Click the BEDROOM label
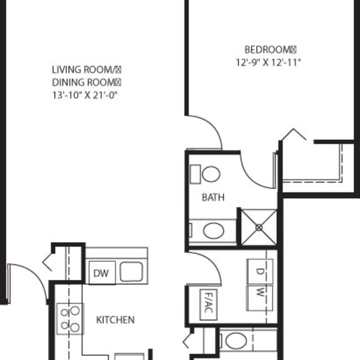click(268, 49)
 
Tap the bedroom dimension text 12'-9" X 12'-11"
click(268, 62)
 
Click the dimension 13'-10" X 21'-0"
click(85, 95)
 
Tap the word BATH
click(213, 197)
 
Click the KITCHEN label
click(115, 320)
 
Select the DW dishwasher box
click(102, 272)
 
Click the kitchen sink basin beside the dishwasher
click(131, 272)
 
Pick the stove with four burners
click(70, 319)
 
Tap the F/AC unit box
click(209, 304)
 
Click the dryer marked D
click(260, 272)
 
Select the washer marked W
click(260, 298)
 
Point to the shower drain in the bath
click(259, 227)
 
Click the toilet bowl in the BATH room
click(211, 174)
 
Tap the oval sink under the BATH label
click(214, 231)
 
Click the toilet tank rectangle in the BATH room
click(196, 174)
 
